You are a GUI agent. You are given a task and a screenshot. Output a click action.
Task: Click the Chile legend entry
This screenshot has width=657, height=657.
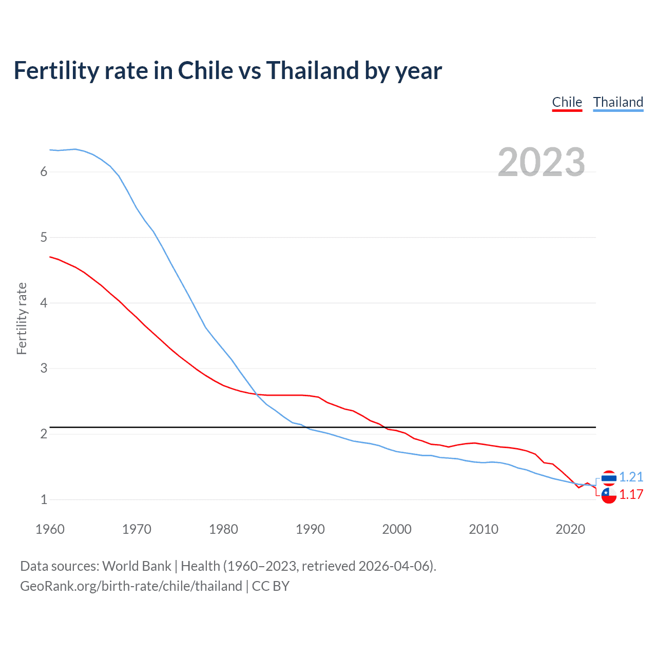[567, 102]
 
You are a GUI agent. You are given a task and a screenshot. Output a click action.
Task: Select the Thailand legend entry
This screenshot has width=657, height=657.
[618, 102]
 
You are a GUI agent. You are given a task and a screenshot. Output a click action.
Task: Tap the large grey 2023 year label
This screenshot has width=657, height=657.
[541, 162]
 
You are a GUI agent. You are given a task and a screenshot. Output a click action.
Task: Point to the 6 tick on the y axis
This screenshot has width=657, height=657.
[44, 171]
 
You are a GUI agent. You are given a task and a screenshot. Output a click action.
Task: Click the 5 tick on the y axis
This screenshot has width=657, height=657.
[44, 237]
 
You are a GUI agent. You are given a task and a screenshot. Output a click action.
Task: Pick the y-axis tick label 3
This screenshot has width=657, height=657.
[44, 368]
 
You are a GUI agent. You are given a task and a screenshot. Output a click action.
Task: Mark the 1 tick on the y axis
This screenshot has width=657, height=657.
[44, 499]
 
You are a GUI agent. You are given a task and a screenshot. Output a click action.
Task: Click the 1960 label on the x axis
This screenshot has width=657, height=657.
[50, 529]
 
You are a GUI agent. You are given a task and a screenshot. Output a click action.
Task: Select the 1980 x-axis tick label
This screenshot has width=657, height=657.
[223, 529]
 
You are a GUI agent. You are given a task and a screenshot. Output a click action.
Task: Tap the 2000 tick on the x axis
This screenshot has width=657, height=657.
[397, 529]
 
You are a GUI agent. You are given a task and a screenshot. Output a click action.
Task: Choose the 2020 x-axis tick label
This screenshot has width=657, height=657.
[570, 529]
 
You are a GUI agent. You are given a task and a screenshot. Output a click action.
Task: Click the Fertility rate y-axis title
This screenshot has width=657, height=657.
[22, 318]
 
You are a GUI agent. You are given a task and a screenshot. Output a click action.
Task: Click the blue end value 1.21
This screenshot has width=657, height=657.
[631, 477]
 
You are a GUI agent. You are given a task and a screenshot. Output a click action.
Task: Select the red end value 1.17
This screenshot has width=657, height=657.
[631, 494]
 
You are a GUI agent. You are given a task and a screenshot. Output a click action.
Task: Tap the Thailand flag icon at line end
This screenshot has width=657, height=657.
[609, 478]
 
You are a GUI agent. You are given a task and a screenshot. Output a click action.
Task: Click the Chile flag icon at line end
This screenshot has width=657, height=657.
[609, 495]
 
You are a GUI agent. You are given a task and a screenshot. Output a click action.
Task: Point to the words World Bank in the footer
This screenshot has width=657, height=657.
[137, 566]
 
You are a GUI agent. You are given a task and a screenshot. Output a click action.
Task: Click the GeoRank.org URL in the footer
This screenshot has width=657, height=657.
[131, 586]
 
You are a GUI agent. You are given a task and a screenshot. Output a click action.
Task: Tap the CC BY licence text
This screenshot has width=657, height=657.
[270, 586]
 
